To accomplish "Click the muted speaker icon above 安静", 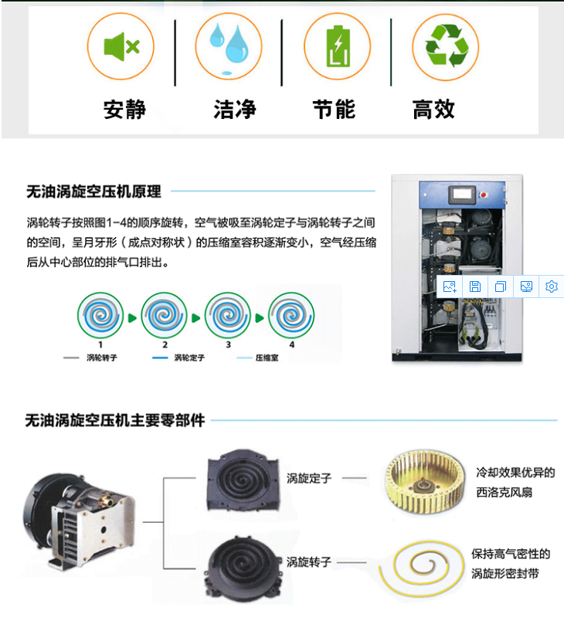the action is point(121,46).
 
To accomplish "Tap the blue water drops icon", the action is point(229,46).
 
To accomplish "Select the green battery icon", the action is point(338,46).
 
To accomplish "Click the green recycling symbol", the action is point(447,46).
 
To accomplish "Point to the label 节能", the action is point(334,110).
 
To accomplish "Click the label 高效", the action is point(433,110).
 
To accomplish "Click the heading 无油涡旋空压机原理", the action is point(94,192).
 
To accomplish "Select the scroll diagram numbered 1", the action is point(100,315).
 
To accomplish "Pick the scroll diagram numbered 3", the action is point(228,315).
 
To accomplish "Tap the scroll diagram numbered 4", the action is point(291,315).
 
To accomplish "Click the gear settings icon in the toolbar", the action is point(552,287).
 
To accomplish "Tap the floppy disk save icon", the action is point(475,287).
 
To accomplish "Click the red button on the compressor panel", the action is point(484,195).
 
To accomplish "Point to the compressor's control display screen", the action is point(462,195).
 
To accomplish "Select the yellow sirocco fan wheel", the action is point(424,483).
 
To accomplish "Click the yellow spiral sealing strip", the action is point(421,568).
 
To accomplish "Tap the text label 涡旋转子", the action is point(309,562).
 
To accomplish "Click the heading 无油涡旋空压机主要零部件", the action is point(115,420).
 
